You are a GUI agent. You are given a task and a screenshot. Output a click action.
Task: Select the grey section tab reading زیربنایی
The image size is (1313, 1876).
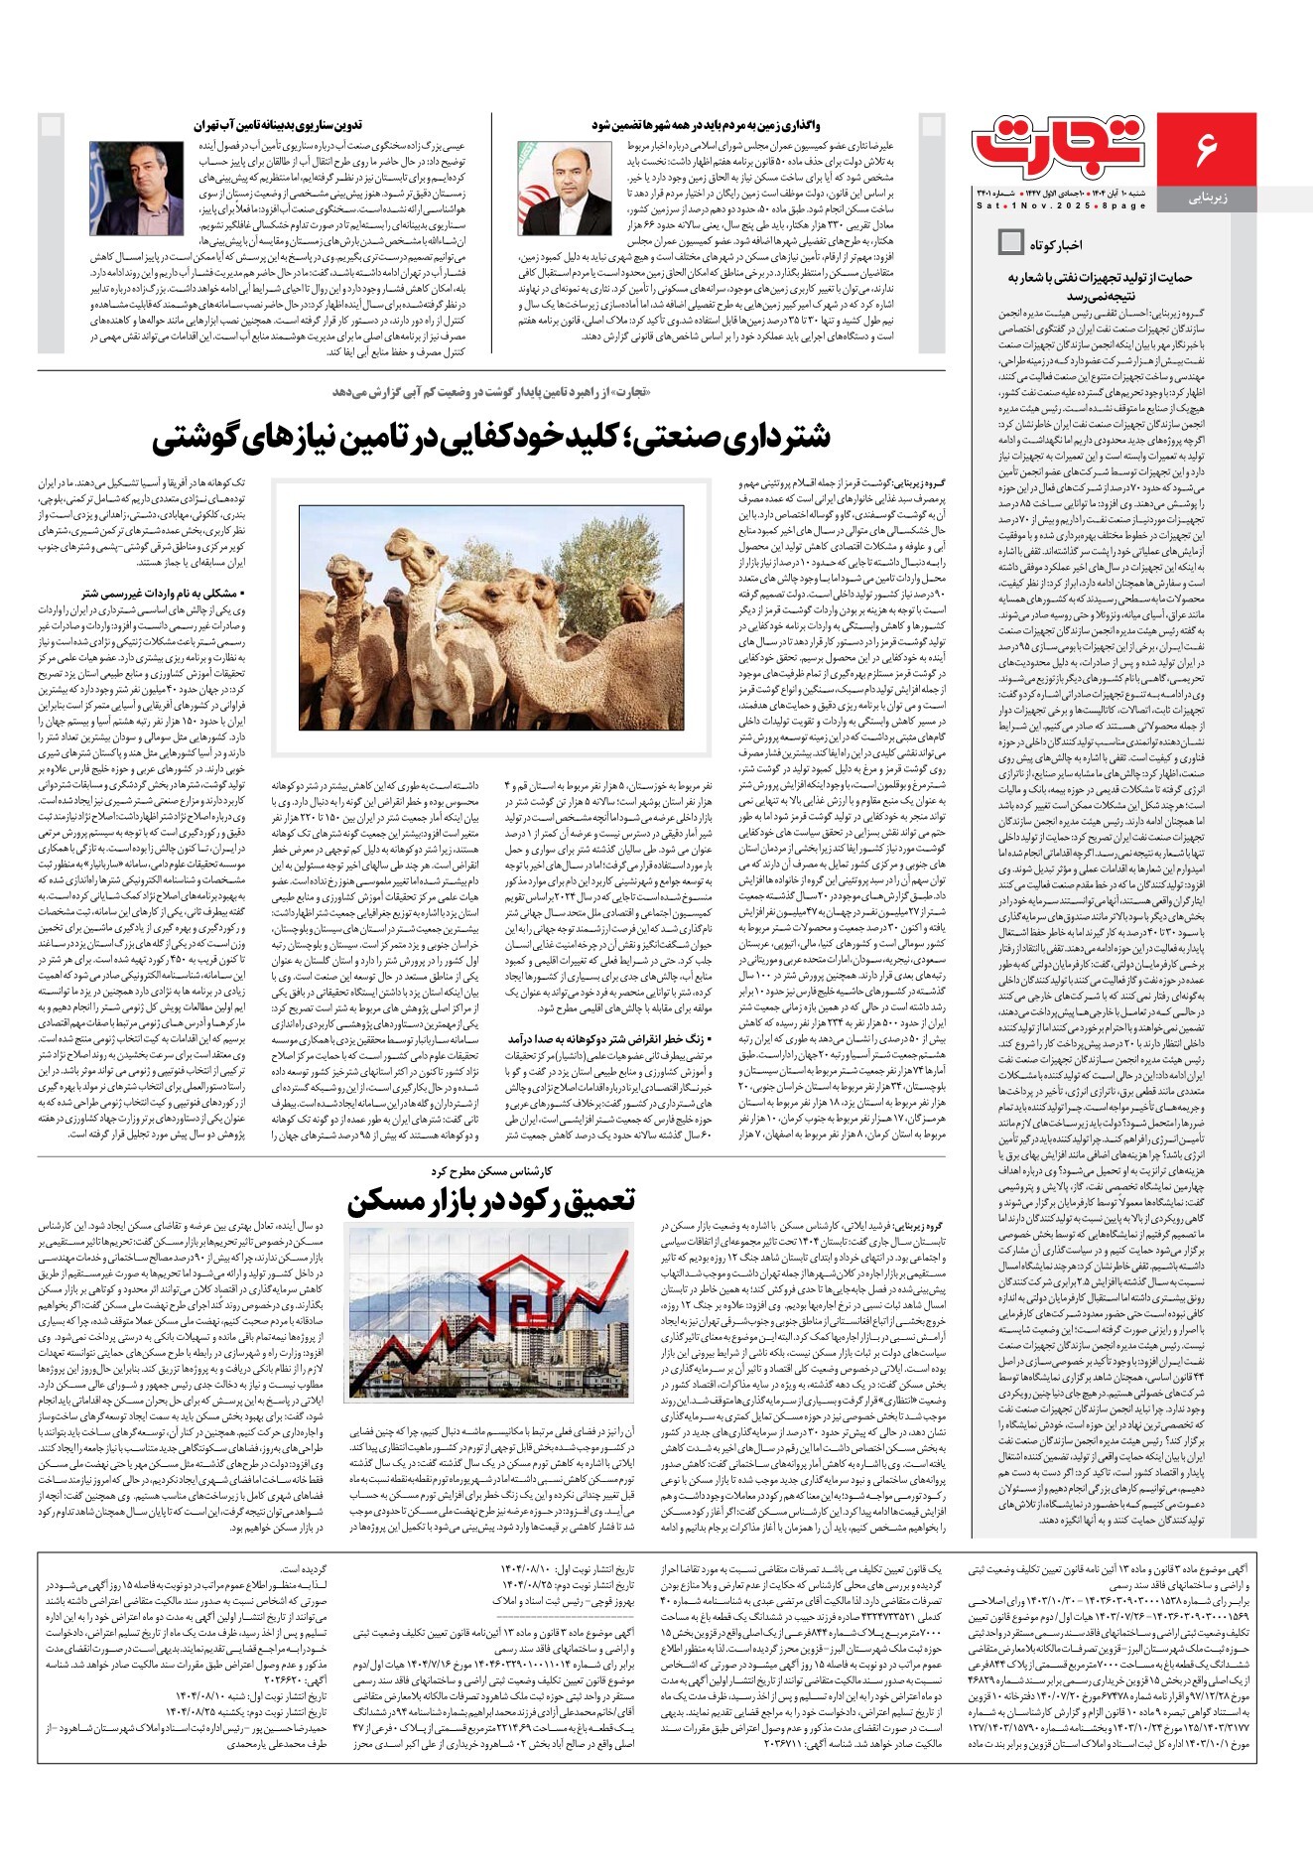point(1208,198)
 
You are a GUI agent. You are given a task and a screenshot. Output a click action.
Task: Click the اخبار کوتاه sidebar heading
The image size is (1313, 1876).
point(1056,244)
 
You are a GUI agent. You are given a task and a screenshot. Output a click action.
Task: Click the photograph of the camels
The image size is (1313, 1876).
point(491,617)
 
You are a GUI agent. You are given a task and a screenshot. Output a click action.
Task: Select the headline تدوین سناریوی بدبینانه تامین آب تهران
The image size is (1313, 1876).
point(278,125)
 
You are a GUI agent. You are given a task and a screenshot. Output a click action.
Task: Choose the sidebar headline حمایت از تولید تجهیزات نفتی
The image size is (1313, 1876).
point(1100,286)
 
